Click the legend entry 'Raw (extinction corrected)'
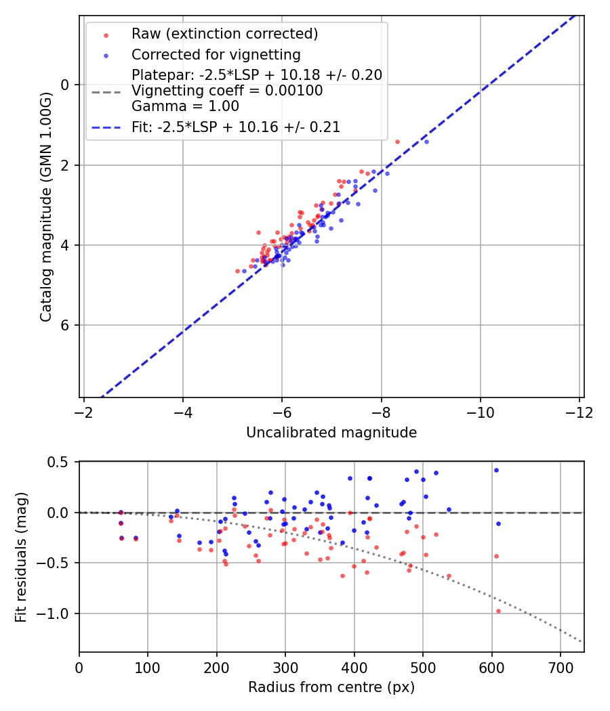[224, 34]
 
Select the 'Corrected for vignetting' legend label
[216, 54]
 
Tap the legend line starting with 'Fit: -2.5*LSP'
[235, 127]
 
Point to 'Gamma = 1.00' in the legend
[185, 106]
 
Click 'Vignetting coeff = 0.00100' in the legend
[227, 90]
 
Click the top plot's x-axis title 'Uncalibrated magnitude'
[331, 432]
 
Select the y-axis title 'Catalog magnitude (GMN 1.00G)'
[45, 206]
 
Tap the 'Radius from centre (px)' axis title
[331, 687]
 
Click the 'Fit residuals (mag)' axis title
[21, 557]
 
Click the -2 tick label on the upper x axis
[84, 412]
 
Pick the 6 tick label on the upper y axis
[66, 325]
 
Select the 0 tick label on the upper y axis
[66, 85]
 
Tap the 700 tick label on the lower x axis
[561, 667]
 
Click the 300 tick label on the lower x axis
[285, 667]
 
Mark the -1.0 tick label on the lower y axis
[56, 613]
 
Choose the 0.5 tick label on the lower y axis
[60, 462]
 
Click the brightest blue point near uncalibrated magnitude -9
[426, 142]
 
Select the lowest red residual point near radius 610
[498, 611]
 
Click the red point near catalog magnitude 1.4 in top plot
[397, 142]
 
